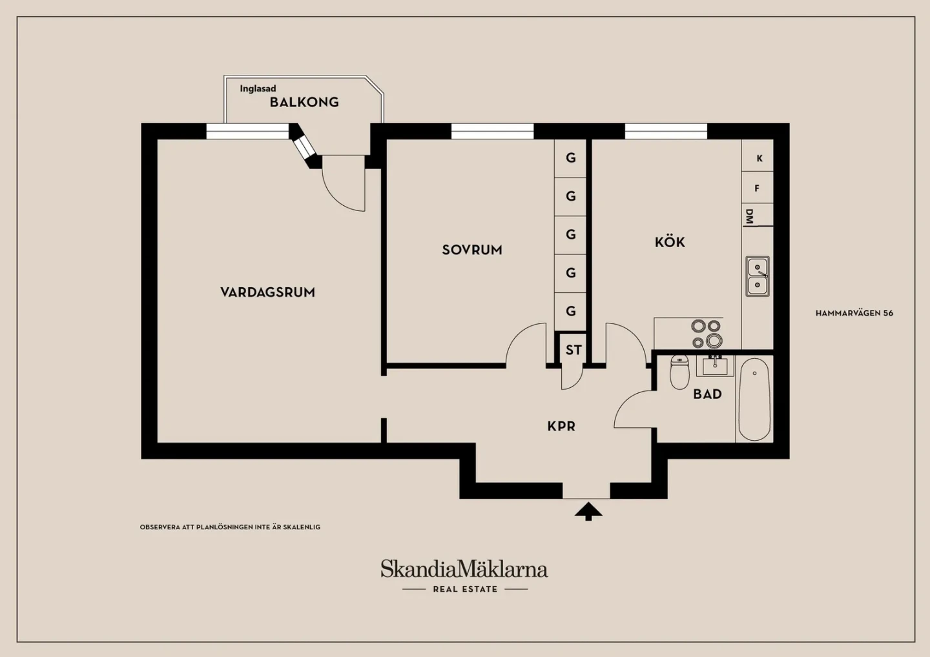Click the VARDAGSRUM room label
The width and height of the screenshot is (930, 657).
click(267, 292)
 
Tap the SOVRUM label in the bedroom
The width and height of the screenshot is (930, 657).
click(472, 250)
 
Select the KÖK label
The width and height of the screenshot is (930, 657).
click(670, 241)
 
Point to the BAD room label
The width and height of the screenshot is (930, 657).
click(707, 394)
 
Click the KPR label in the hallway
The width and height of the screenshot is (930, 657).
click(561, 427)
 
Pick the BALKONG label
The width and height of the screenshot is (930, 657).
click(304, 102)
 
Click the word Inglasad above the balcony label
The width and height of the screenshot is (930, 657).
click(258, 88)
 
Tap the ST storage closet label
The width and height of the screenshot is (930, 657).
click(573, 350)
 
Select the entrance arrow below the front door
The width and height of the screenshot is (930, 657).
click(588, 511)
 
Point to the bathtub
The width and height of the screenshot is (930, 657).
click(754, 399)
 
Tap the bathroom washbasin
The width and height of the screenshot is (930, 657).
click(715, 366)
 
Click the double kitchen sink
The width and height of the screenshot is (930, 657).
click(758, 276)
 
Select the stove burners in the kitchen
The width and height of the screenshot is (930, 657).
click(707, 334)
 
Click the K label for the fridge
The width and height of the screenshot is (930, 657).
click(759, 159)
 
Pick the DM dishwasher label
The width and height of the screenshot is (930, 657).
click(749, 216)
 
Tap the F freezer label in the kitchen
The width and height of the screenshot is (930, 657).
click(757, 188)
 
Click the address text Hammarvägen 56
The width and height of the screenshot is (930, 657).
click(854, 313)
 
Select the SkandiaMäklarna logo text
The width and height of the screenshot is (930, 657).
click(464, 569)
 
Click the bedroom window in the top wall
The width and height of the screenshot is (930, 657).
click(492, 131)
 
